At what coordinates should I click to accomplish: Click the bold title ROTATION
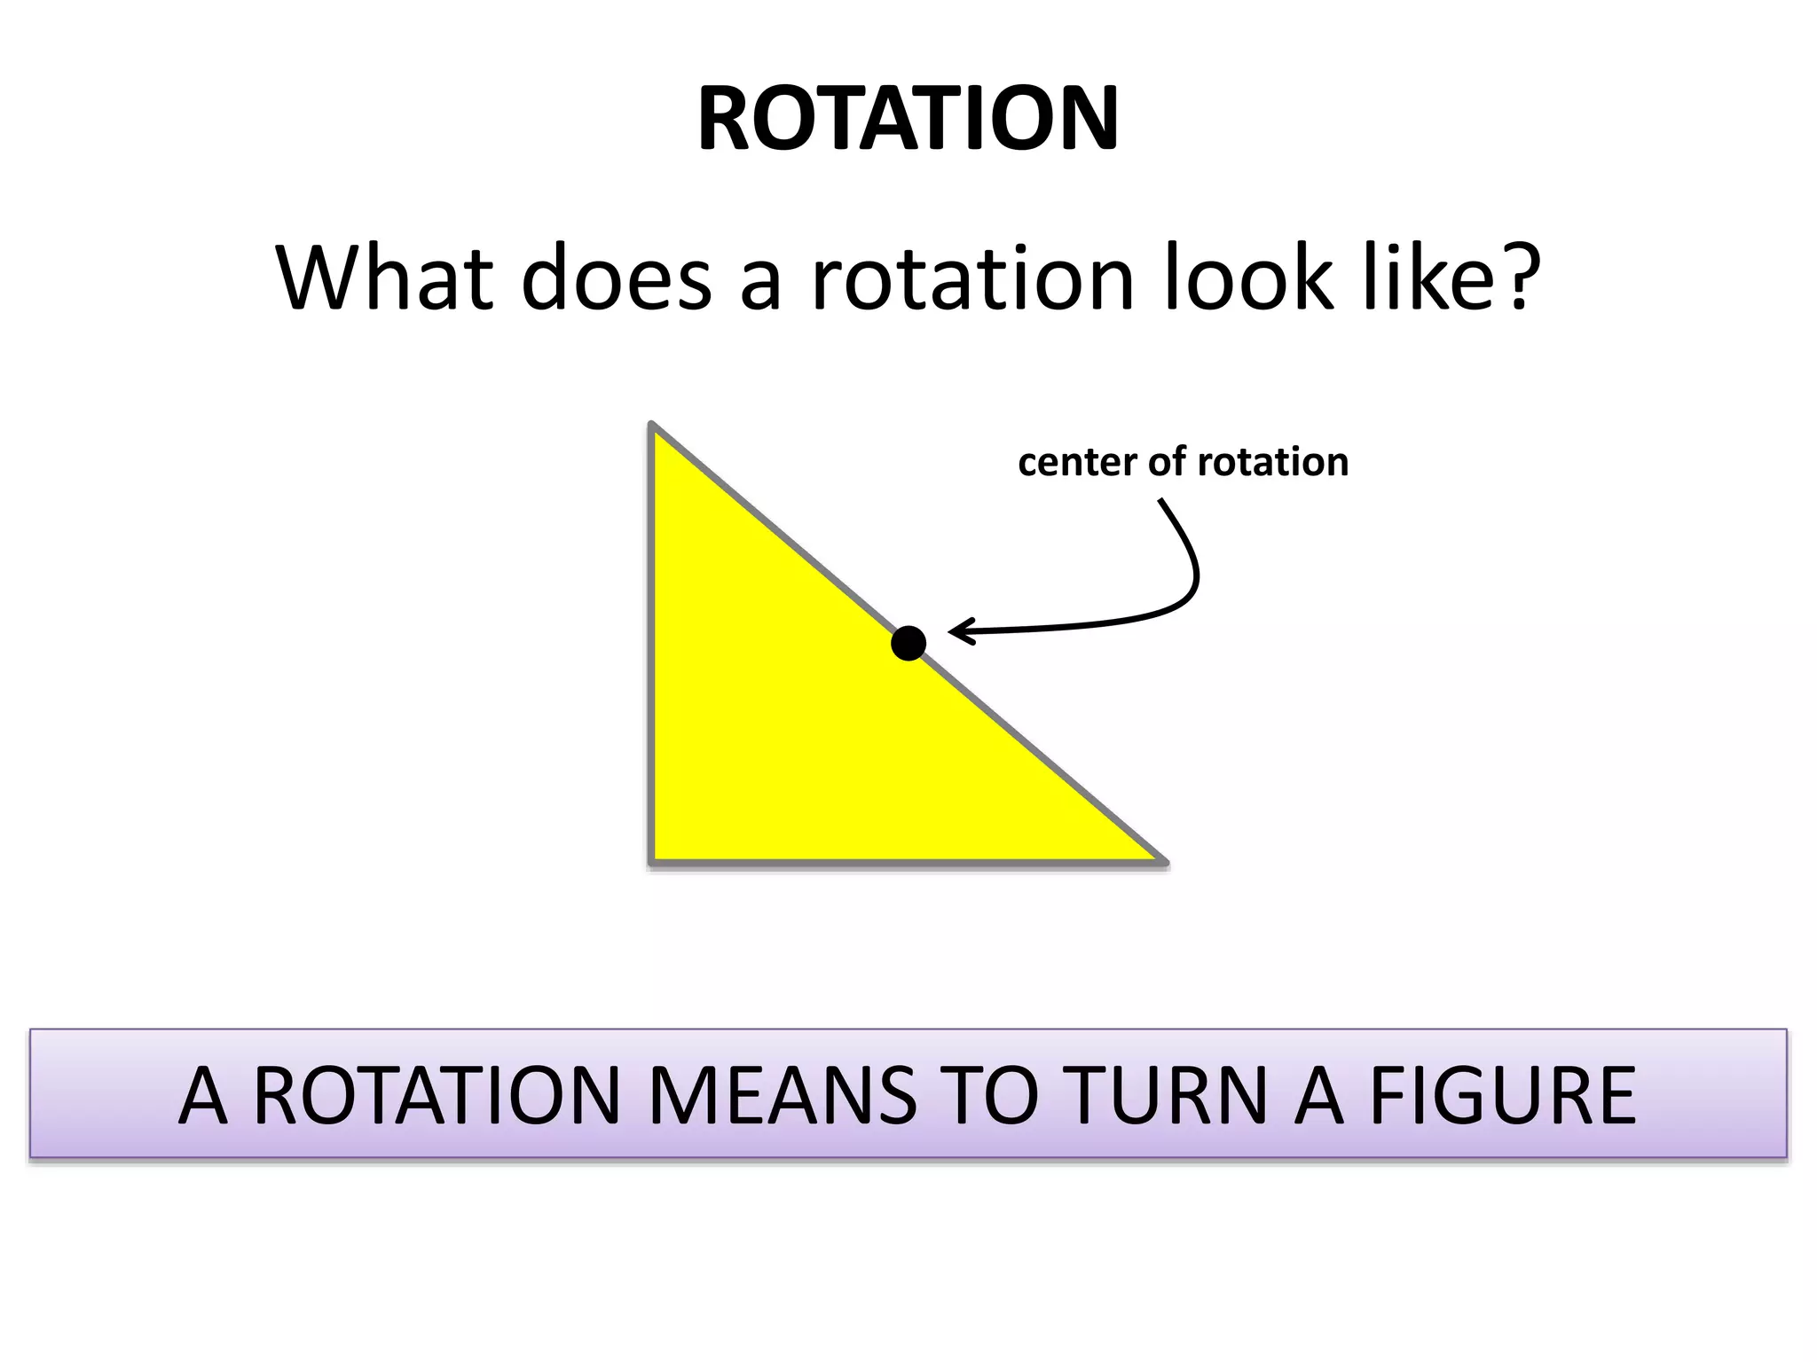click(x=908, y=119)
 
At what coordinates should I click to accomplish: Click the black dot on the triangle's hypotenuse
click(x=908, y=643)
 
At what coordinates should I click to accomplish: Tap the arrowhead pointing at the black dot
click(x=960, y=631)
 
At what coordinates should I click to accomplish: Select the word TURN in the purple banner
click(x=1165, y=1096)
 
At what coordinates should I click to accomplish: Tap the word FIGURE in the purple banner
click(x=1502, y=1096)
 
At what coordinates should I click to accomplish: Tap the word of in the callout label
click(x=1167, y=462)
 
